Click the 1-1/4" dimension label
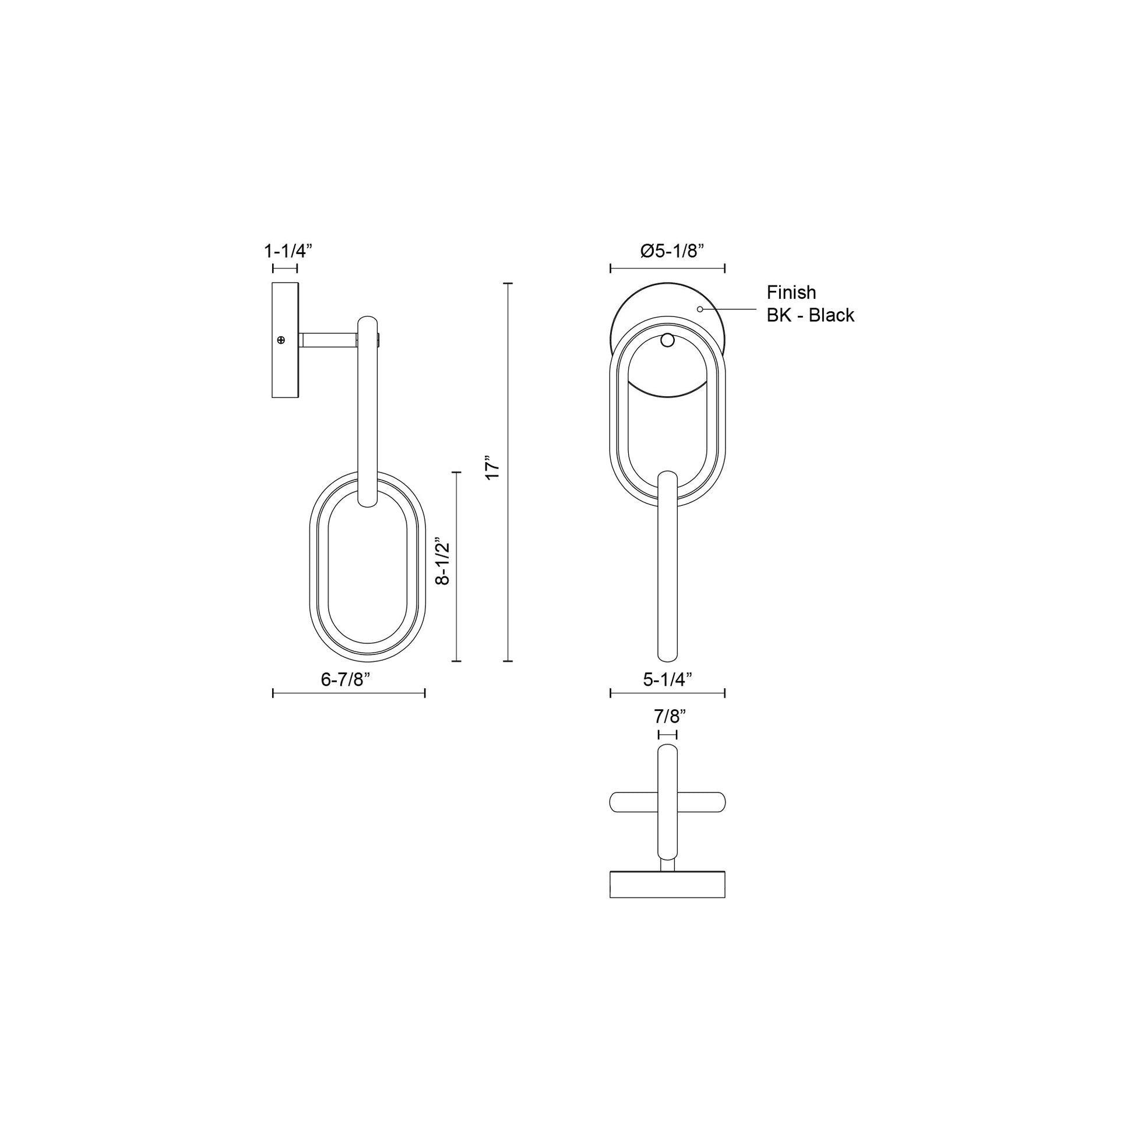(x=287, y=251)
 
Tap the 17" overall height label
(x=492, y=467)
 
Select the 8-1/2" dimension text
(x=442, y=562)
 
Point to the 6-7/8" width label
(x=345, y=679)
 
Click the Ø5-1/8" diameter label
(x=671, y=251)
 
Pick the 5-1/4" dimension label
(x=667, y=679)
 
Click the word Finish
(x=791, y=293)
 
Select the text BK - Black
(x=810, y=315)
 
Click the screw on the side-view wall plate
(x=280, y=340)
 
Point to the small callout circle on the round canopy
(x=699, y=309)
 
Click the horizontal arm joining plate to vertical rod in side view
(x=329, y=340)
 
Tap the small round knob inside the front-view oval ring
(x=667, y=339)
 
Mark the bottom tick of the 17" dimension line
(x=508, y=661)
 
